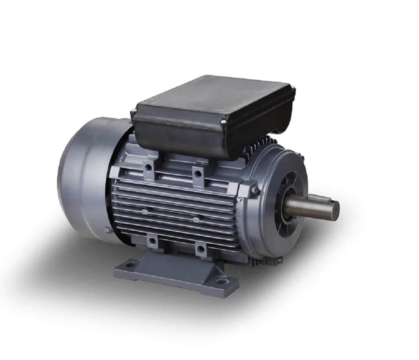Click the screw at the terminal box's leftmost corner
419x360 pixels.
tap(134, 111)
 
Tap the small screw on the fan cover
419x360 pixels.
tap(109, 231)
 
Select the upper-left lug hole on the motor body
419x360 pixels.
tap(148, 167)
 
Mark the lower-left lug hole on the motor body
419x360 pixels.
tap(152, 241)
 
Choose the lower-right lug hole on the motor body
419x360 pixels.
tap(201, 250)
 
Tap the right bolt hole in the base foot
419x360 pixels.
tap(221, 282)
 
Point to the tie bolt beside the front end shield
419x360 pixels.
tap(253, 190)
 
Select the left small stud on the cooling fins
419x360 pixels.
tap(144, 212)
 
